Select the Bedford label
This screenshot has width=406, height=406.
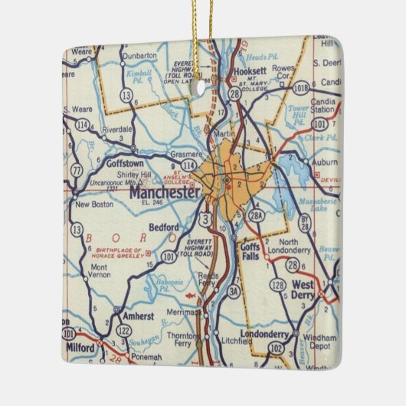tap(163, 227)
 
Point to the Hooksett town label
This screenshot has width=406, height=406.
tap(231, 74)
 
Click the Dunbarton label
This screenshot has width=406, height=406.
tap(140, 55)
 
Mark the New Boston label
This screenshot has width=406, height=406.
tap(94, 205)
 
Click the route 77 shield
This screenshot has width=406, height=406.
tap(75, 169)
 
